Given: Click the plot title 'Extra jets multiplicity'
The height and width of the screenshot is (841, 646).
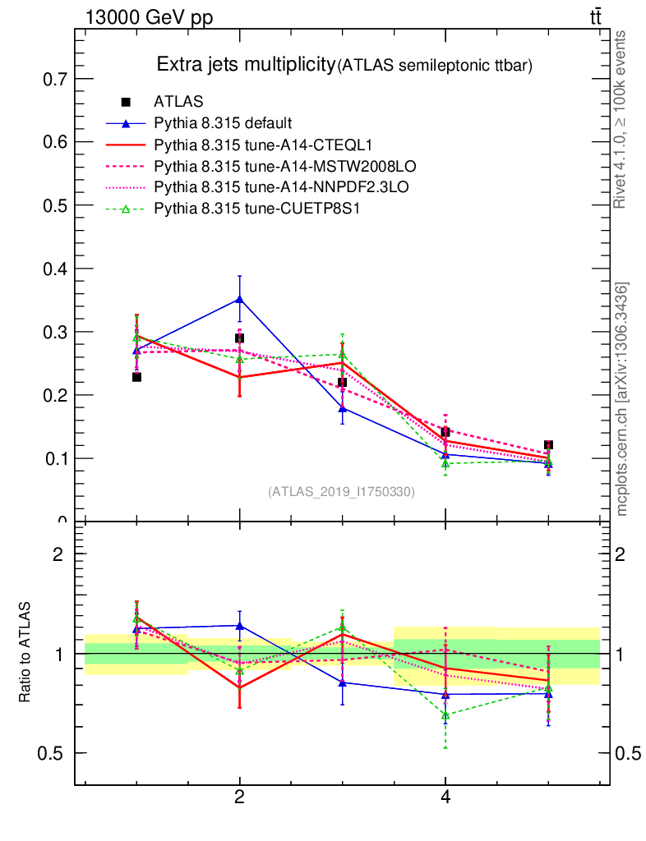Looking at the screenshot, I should (x=246, y=65).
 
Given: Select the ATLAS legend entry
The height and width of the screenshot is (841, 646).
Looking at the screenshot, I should (x=178, y=103).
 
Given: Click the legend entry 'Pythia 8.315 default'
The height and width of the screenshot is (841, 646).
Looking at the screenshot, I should (x=222, y=124).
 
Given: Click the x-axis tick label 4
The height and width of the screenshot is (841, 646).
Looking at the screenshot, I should (x=445, y=797).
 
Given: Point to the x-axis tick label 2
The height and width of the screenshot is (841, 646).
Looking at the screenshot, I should (x=239, y=797).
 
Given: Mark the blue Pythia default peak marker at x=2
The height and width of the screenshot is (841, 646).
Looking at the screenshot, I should (x=239, y=299).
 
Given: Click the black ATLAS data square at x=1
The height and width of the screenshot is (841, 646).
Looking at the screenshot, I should (x=136, y=377).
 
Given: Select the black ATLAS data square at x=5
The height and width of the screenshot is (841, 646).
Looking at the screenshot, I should (x=548, y=445).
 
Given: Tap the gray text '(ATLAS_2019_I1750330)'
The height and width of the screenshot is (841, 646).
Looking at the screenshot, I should (x=341, y=492).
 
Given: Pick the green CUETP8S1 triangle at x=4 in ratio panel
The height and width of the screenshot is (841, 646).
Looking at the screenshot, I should (x=445, y=715).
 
